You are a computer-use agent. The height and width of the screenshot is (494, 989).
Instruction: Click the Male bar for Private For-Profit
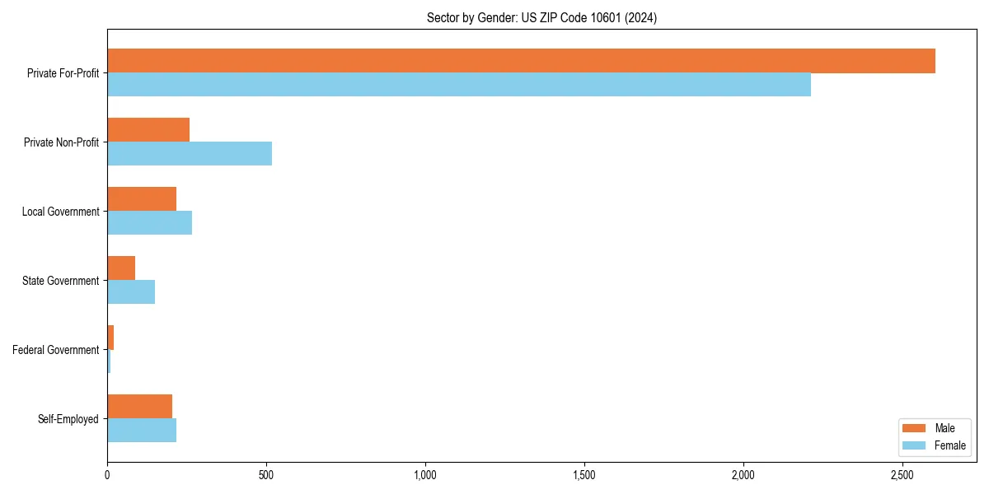point(521,61)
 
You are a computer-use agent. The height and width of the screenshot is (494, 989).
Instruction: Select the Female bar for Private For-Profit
point(459,84)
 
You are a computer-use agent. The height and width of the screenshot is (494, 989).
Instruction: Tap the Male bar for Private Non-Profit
point(148,130)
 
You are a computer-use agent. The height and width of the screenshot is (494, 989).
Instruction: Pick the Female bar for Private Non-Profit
point(190,153)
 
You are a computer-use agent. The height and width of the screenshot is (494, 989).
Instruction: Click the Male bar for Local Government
point(142,199)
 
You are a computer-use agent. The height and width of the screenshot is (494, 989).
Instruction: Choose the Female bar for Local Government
point(149,222)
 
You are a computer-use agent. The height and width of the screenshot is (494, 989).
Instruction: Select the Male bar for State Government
point(121,268)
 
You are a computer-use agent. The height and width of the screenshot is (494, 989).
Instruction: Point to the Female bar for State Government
point(131,291)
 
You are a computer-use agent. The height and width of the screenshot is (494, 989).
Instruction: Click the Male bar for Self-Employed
point(139,407)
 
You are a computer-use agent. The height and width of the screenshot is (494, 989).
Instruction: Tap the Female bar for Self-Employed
point(142,430)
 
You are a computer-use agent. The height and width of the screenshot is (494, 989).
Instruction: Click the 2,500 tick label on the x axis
point(902,476)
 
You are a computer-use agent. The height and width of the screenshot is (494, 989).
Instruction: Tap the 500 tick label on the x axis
point(266,476)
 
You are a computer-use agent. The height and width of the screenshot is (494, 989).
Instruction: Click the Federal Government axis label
point(56,350)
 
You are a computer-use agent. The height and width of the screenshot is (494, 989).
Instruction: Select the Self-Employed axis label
point(68,419)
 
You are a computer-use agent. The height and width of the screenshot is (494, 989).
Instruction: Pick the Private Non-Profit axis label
point(61,142)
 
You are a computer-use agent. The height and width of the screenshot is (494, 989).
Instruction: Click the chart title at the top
point(541,17)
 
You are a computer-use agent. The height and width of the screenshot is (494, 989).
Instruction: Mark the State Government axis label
point(61,281)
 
